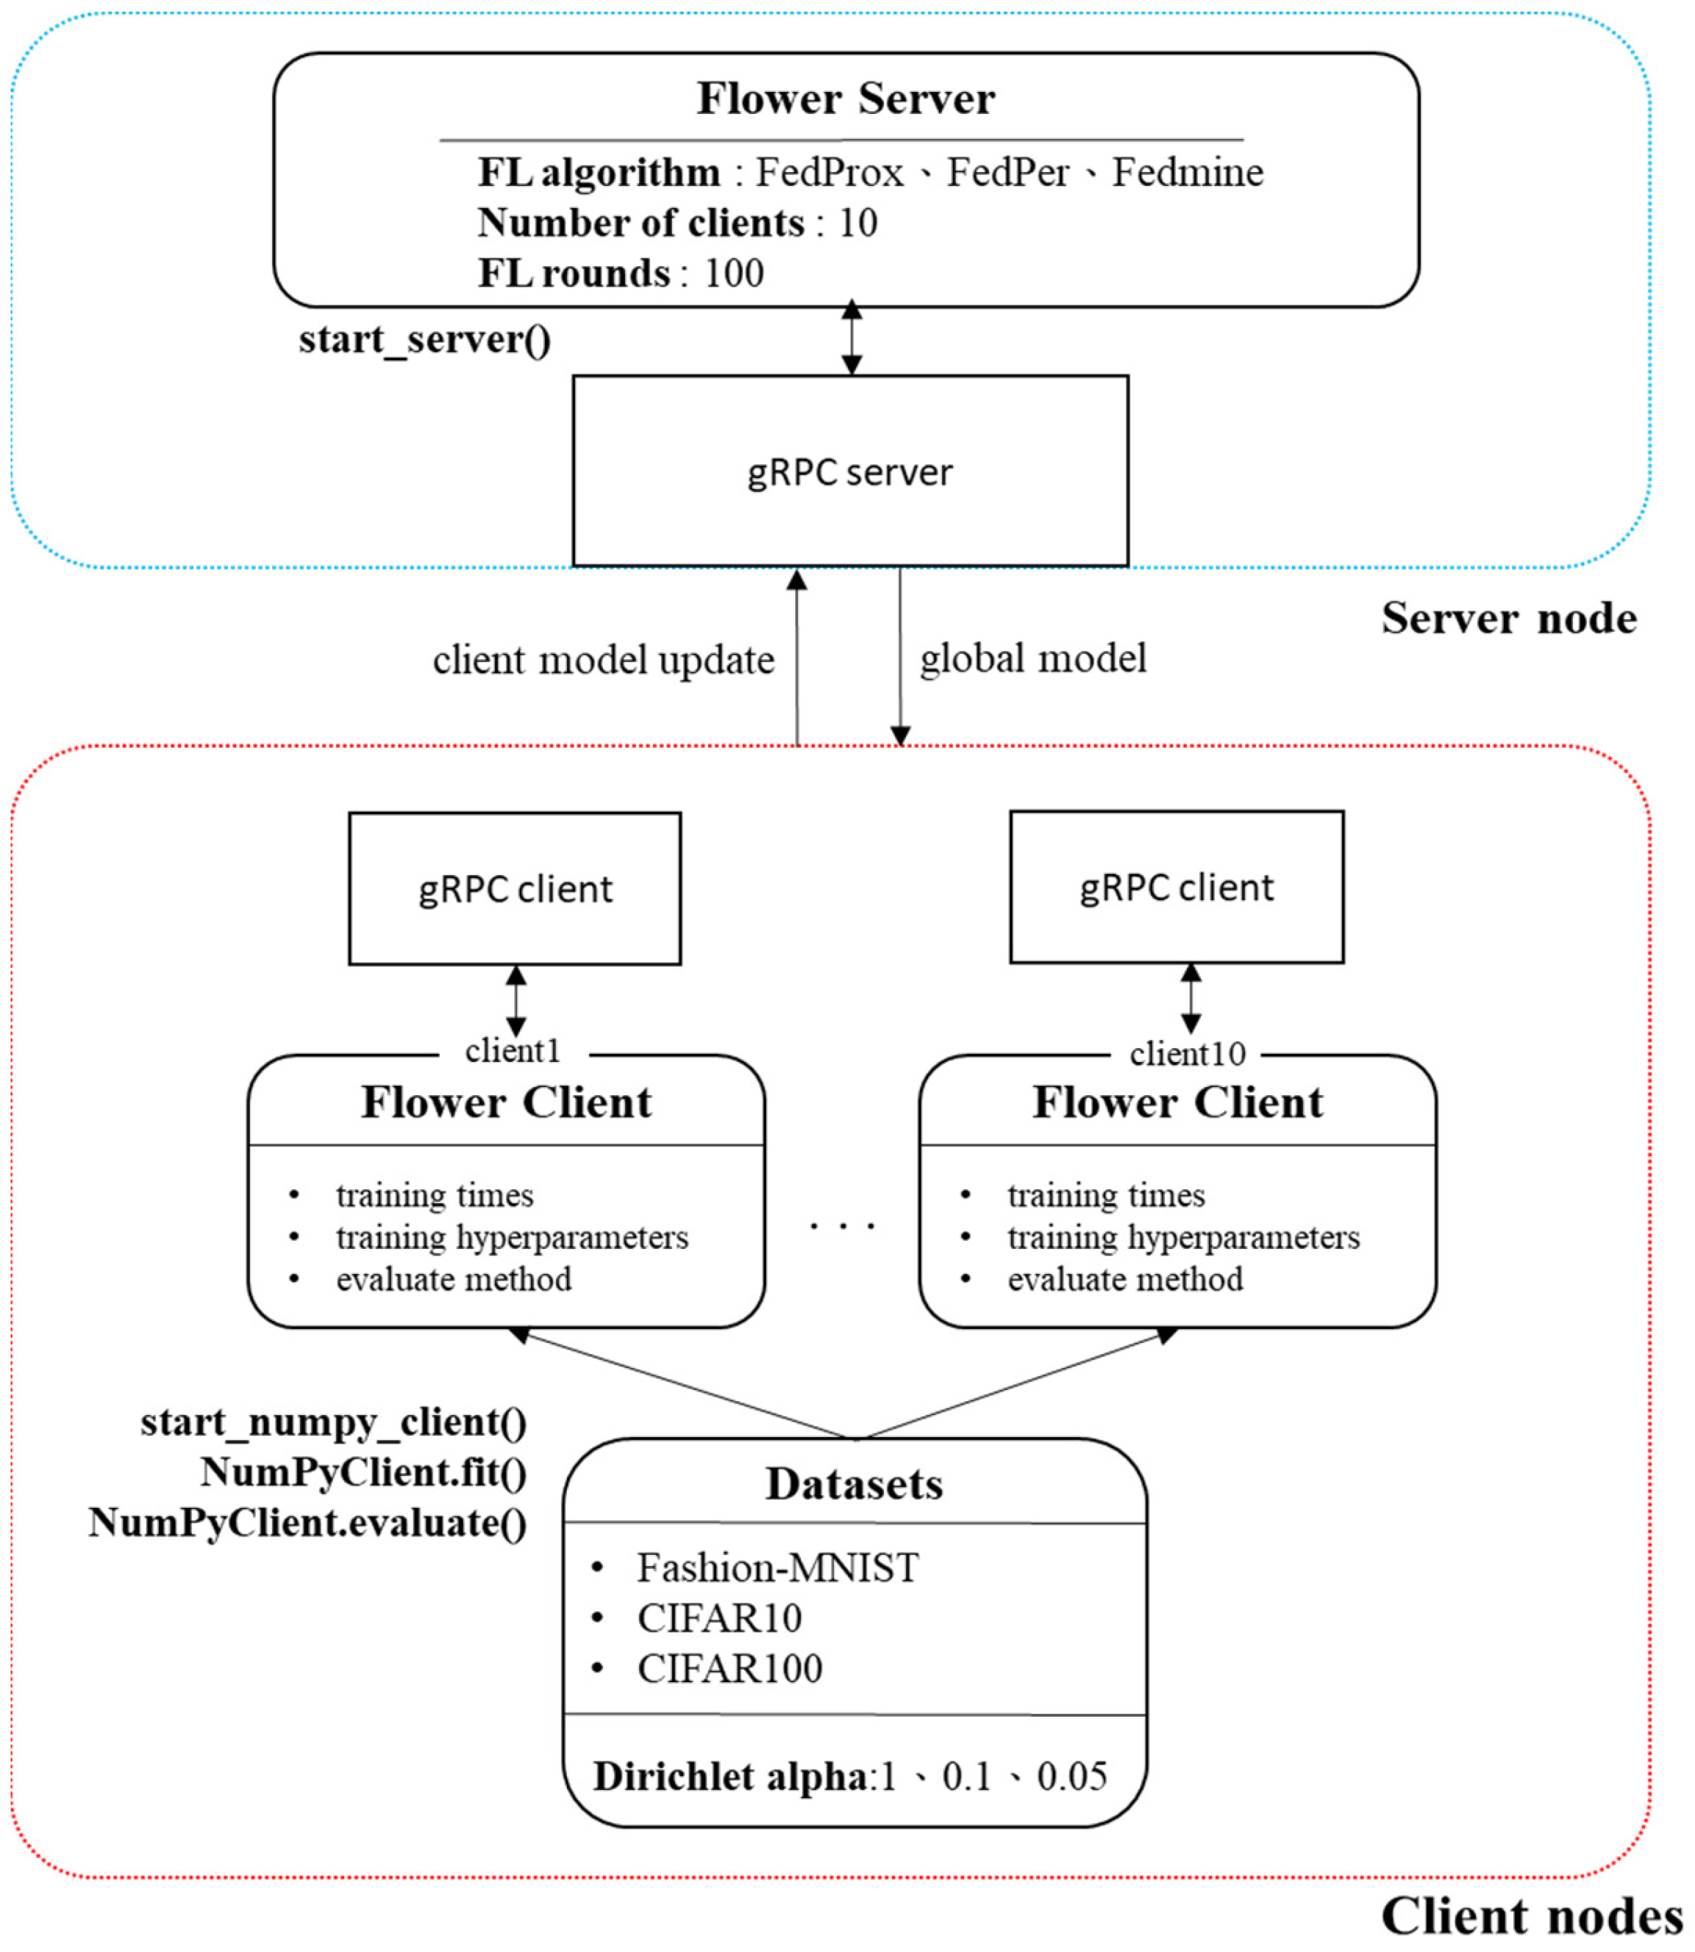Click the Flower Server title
(846, 99)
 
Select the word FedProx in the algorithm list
(829, 173)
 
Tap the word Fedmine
(1187, 173)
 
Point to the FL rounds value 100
(734, 274)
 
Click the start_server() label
(425, 340)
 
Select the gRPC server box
(850, 471)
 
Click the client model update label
(604, 660)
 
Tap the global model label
(1033, 658)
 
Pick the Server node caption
(1509, 619)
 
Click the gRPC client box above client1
(515, 888)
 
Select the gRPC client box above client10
(1177, 886)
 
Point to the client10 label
(1187, 1054)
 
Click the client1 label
(513, 1051)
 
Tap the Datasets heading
(854, 1483)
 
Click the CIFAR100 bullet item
(729, 1669)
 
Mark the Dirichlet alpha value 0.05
(1071, 1777)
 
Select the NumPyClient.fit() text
(363, 1472)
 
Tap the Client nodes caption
(1531, 1917)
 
